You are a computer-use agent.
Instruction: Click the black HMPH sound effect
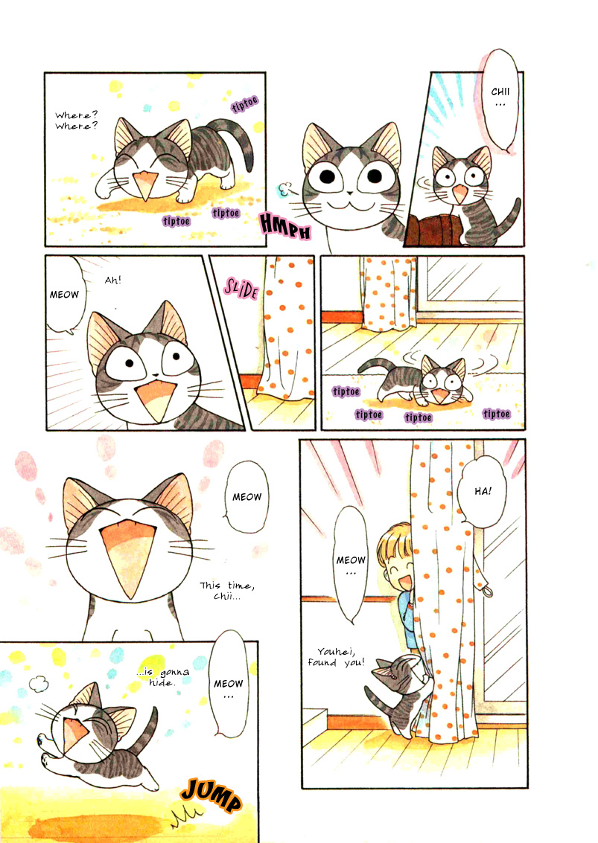click(284, 225)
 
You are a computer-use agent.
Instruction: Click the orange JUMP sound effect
click(211, 797)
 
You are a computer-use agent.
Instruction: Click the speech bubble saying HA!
click(483, 491)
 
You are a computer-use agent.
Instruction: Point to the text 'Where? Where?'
click(76, 121)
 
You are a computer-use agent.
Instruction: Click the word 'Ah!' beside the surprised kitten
click(113, 280)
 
